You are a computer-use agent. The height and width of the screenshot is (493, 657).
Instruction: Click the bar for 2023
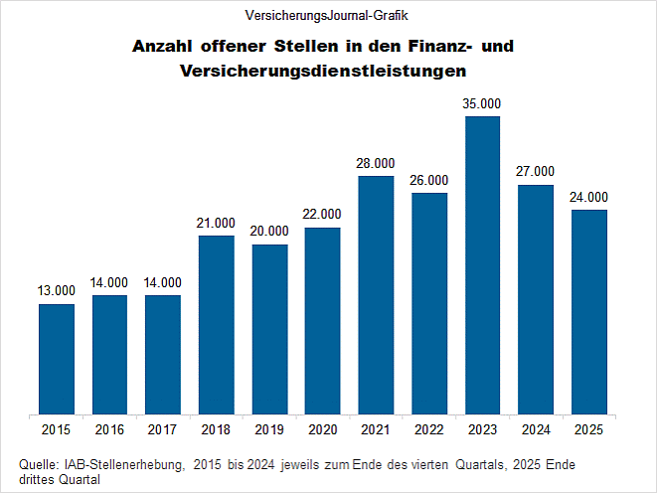[482, 264]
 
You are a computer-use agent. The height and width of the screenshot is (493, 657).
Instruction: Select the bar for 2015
[57, 358]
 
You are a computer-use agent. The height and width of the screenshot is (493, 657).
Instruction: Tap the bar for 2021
[376, 294]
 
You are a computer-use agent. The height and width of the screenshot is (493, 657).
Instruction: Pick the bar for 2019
[269, 328]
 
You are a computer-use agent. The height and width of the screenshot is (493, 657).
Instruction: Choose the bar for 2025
[588, 311]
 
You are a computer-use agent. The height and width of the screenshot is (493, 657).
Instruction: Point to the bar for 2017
[163, 354]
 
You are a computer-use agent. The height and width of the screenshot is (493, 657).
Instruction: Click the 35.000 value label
[482, 103]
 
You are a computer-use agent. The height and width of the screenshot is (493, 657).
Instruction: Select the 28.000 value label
[376, 163]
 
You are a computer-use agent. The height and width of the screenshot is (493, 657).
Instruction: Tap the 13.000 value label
[57, 290]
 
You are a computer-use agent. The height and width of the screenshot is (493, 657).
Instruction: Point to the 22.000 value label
[322, 214]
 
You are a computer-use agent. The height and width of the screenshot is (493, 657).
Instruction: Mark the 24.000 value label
[588, 197]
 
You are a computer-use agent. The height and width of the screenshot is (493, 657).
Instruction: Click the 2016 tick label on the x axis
[109, 429]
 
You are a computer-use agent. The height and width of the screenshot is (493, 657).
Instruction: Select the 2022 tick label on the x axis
[428, 429]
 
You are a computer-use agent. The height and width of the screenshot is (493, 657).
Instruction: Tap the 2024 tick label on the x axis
[535, 429]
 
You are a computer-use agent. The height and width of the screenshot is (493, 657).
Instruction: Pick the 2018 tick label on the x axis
[216, 429]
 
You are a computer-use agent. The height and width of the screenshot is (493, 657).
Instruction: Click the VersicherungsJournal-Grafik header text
[327, 15]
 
